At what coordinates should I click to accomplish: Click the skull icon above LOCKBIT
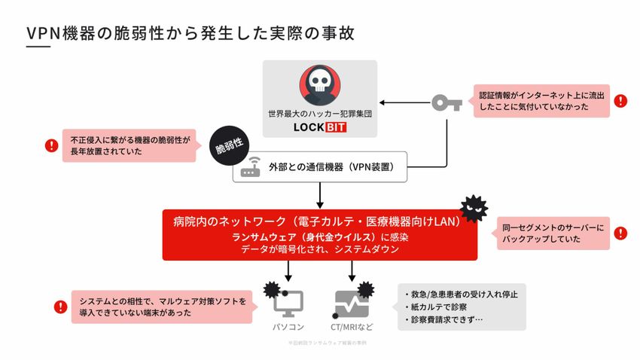pyautogui.click(x=321, y=85)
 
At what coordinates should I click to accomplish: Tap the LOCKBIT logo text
pyautogui.click(x=321, y=128)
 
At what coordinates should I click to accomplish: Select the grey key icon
pyautogui.click(x=446, y=102)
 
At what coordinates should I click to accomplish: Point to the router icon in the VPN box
pyautogui.click(x=250, y=169)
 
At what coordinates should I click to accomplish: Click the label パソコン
pyautogui.click(x=288, y=328)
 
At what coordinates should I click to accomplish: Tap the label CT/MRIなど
pyautogui.click(x=351, y=328)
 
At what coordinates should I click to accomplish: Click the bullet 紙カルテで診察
pyautogui.click(x=440, y=307)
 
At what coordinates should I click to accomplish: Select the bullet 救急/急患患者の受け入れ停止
pyautogui.click(x=461, y=294)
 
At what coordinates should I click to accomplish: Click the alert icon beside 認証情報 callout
pyautogui.click(x=620, y=101)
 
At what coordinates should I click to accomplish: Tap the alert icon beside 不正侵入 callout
pyautogui.click(x=51, y=145)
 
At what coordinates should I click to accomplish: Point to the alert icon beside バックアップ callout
pyautogui.click(x=620, y=233)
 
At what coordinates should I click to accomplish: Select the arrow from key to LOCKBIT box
pyautogui.click(x=403, y=102)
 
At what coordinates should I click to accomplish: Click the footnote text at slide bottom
pyautogui.click(x=320, y=343)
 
